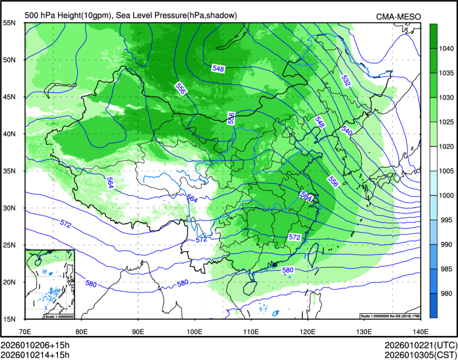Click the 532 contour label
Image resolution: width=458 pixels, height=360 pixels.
[x=346, y=81]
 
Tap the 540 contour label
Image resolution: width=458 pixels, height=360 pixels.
[x=347, y=130]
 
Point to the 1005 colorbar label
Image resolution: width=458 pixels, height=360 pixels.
[x=445, y=171]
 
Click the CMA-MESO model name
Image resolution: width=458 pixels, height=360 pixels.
[x=399, y=17]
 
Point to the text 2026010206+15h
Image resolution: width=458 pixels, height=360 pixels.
[x=36, y=345]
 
